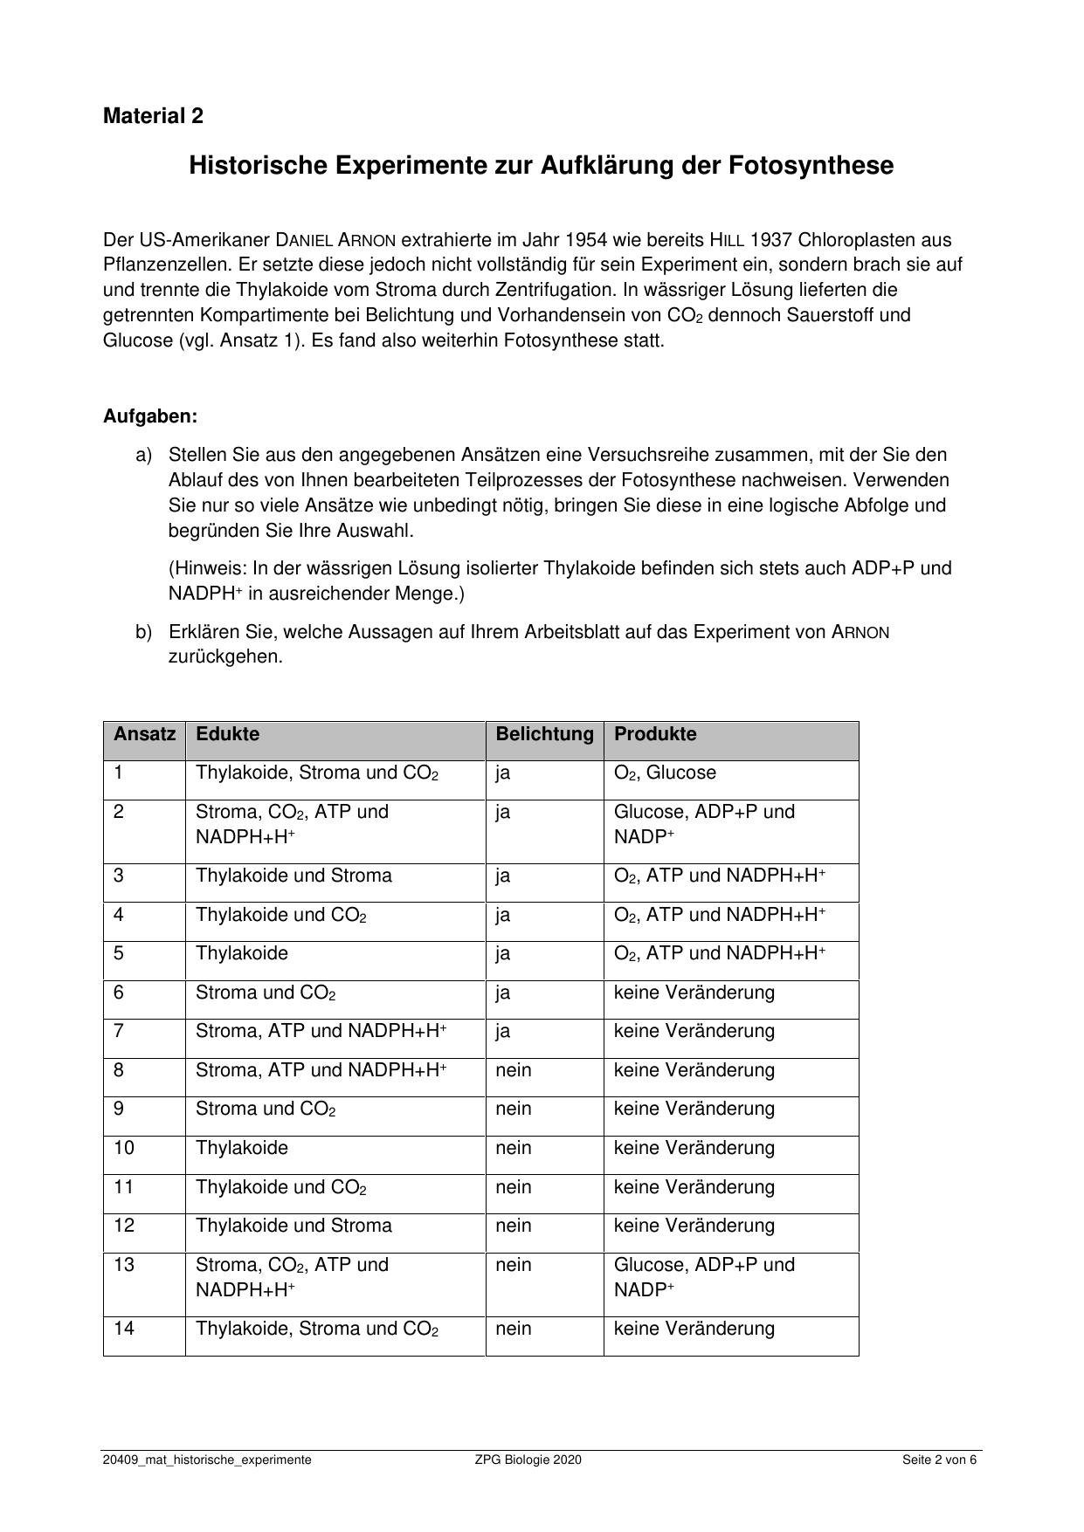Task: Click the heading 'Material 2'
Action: pyautogui.click(x=153, y=116)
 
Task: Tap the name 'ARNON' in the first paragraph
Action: pyautogui.click(x=361, y=240)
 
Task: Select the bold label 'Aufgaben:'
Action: pyautogui.click(x=150, y=416)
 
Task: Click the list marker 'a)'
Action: pyautogui.click(x=143, y=455)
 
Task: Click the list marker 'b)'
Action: pyautogui.click(x=143, y=632)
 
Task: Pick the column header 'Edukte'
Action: pyautogui.click(x=227, y=734)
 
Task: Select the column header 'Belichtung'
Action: pyautogui.click(x=544, y=734)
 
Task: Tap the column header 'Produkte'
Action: pyautogui.click(x=655, y=734)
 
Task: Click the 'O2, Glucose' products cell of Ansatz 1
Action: pyautogui.click(x=665, y=773)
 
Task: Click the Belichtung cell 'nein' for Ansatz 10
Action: pyautogui.click(x=514, y=1148)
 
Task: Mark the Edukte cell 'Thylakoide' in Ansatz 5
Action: pyautogui.click(x=242, y=953)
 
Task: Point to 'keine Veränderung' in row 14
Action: pyautogui.click(x=694, y=1329)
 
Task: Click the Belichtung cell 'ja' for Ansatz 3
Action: pyautogui.click(x=503, y=876)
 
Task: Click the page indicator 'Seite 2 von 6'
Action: pyautogui.click(x=940, y=1460)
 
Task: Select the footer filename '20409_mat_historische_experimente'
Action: pyautogui.click(x=207, y=1460)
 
